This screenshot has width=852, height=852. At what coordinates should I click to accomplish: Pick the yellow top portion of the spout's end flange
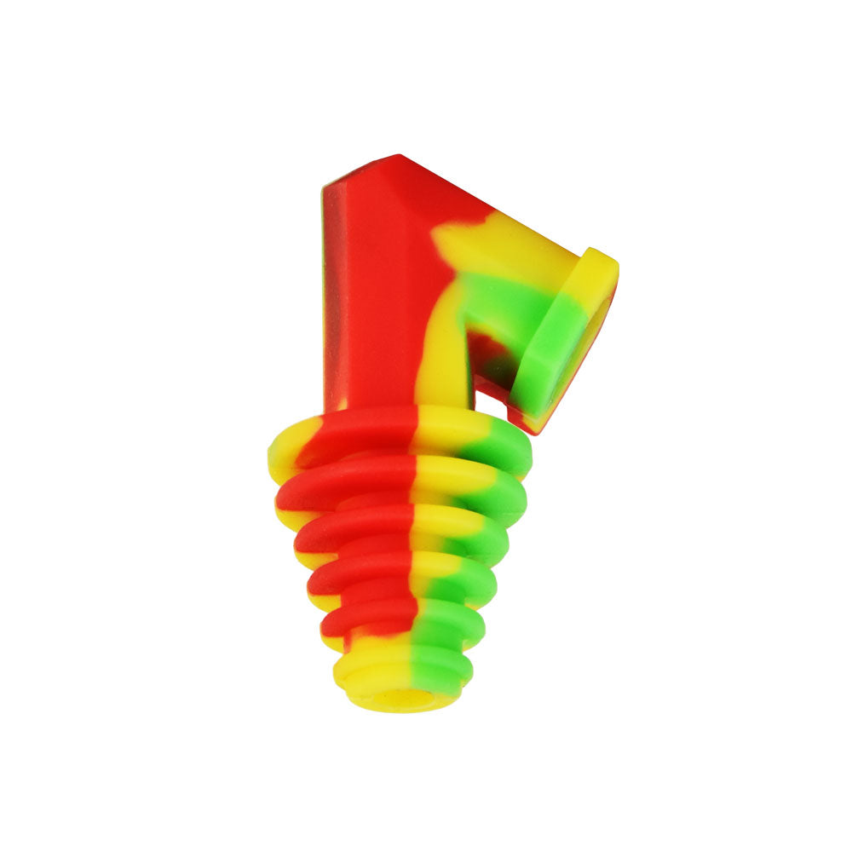596,273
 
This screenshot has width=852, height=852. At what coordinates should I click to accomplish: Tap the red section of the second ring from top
341,481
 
